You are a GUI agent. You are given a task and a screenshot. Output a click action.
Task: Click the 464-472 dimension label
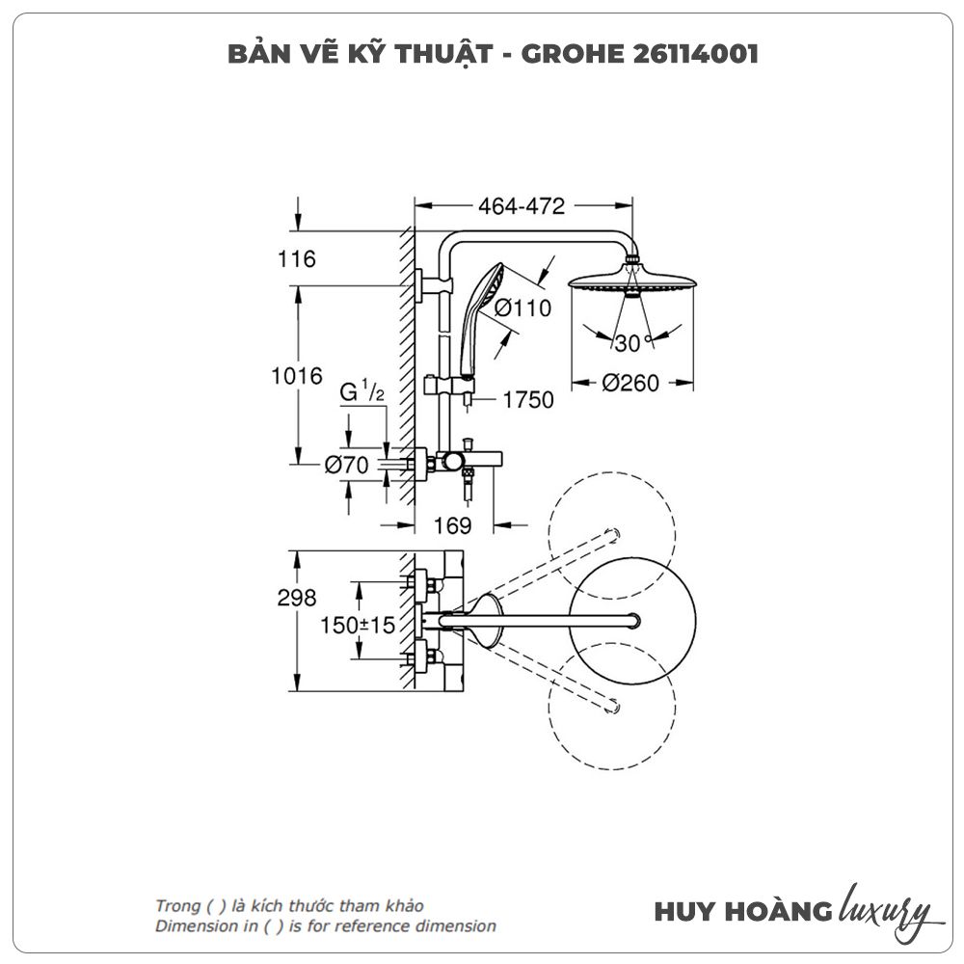tap(521, 205)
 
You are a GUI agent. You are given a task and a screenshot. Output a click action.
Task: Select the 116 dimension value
tap(297, 258)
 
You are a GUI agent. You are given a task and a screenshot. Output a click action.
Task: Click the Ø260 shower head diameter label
tap(630, 384)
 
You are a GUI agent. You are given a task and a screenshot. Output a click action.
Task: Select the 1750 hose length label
tap(528, 399)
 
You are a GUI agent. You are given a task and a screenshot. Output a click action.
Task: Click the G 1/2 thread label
tap(363, 393)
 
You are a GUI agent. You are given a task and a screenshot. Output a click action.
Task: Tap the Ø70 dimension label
tap(347, 465)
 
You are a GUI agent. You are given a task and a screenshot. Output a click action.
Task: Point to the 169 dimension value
tap(452, 525)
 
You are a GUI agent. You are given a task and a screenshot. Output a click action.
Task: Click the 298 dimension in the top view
tap(297, 598)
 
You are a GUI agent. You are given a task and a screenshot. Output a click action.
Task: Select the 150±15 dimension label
tap(358, 625)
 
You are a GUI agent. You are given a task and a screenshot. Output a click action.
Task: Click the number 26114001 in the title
tap(685, 54)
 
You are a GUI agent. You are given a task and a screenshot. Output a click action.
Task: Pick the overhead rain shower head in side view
tap(631, 282)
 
